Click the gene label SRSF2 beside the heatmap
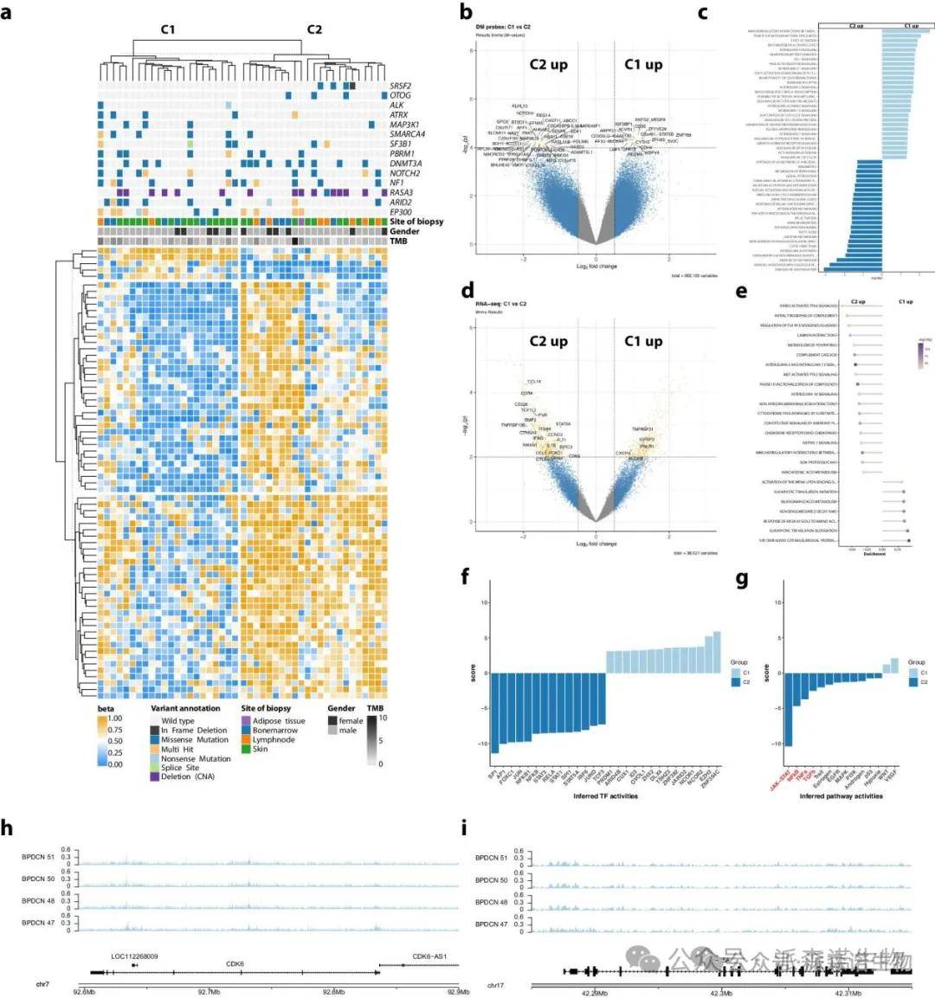point(401,87)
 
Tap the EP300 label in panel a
point(401,211)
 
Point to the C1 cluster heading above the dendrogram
point(167,29)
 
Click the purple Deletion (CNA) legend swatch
point(155,776)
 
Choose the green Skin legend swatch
point(246,749)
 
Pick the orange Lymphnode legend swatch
point(246,740)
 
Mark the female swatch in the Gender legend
point(332,721)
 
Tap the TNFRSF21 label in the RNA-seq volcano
point(642,429)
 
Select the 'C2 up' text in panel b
point(548,65)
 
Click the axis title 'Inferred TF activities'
point(605,795)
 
